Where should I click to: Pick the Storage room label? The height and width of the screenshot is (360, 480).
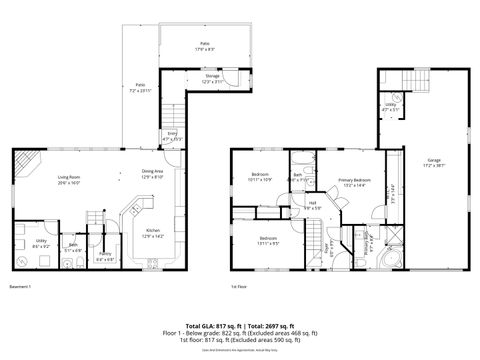point(212,78)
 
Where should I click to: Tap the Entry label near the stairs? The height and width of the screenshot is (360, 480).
point(172,135)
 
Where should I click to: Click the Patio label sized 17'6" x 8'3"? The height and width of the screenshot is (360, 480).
point(204,46)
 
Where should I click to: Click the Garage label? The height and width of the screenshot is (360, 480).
point(433,162)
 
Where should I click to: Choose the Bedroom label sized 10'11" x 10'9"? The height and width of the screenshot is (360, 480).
point(260,176)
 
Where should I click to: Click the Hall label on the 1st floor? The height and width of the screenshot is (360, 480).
point(312,205)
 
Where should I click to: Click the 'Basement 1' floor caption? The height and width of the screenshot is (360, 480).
point(20,288)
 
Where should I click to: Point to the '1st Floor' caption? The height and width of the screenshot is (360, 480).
point(239,288)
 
